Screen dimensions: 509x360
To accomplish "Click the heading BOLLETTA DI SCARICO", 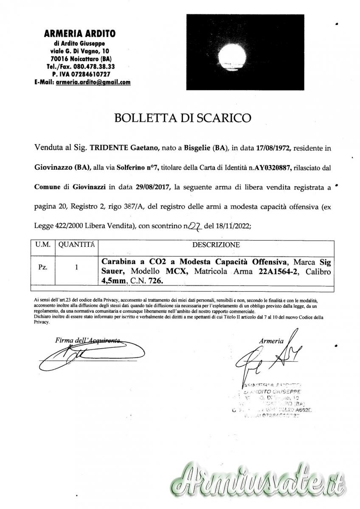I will [183, 117].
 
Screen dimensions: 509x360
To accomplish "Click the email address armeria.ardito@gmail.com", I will [93, 82].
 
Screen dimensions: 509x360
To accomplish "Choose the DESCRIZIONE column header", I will [216, 245].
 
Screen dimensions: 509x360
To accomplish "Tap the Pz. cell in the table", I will [44, 268].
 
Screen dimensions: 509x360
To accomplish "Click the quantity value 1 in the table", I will [76, 268].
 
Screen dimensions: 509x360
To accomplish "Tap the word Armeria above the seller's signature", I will [272, 340].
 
